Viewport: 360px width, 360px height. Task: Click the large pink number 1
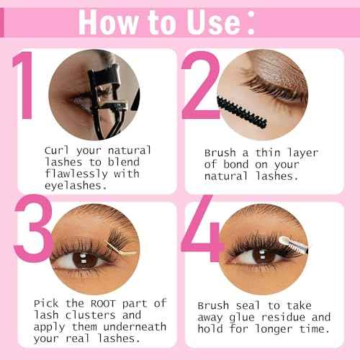tap(23, 85)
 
